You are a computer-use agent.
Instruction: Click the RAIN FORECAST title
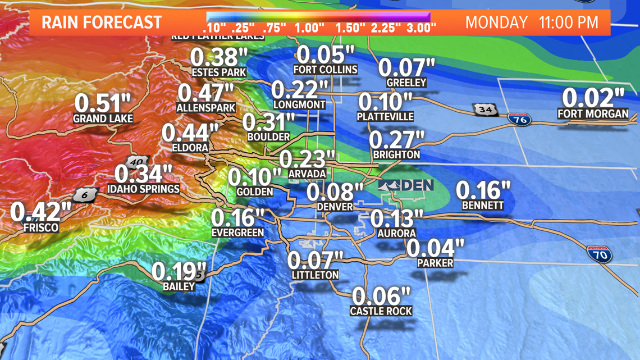tap(102, 23)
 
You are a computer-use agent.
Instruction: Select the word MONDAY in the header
tap(496, 23)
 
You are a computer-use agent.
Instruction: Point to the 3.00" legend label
tap(418, 28)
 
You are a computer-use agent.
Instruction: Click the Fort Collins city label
tap(326, 70)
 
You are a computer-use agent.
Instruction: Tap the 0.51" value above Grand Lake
tap(103, 103)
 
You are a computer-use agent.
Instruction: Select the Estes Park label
tap(219, 72)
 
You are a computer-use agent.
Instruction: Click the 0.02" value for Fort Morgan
tap(593, 98)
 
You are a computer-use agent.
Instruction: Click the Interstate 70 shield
tap(600, 254)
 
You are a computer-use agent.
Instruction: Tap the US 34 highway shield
tap(485, 110)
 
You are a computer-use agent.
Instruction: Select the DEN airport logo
tap(405, 185)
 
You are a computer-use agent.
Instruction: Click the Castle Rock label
tap(381, 311)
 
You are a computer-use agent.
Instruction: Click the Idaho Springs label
tap(143, 189)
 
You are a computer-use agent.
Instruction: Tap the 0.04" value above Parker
tap(436, 248)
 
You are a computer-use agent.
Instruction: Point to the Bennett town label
tap(483, 206)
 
